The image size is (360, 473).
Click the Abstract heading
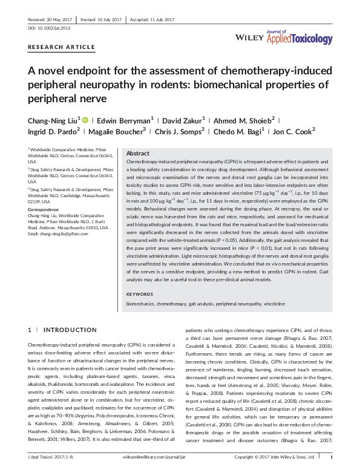pos(137,154)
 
